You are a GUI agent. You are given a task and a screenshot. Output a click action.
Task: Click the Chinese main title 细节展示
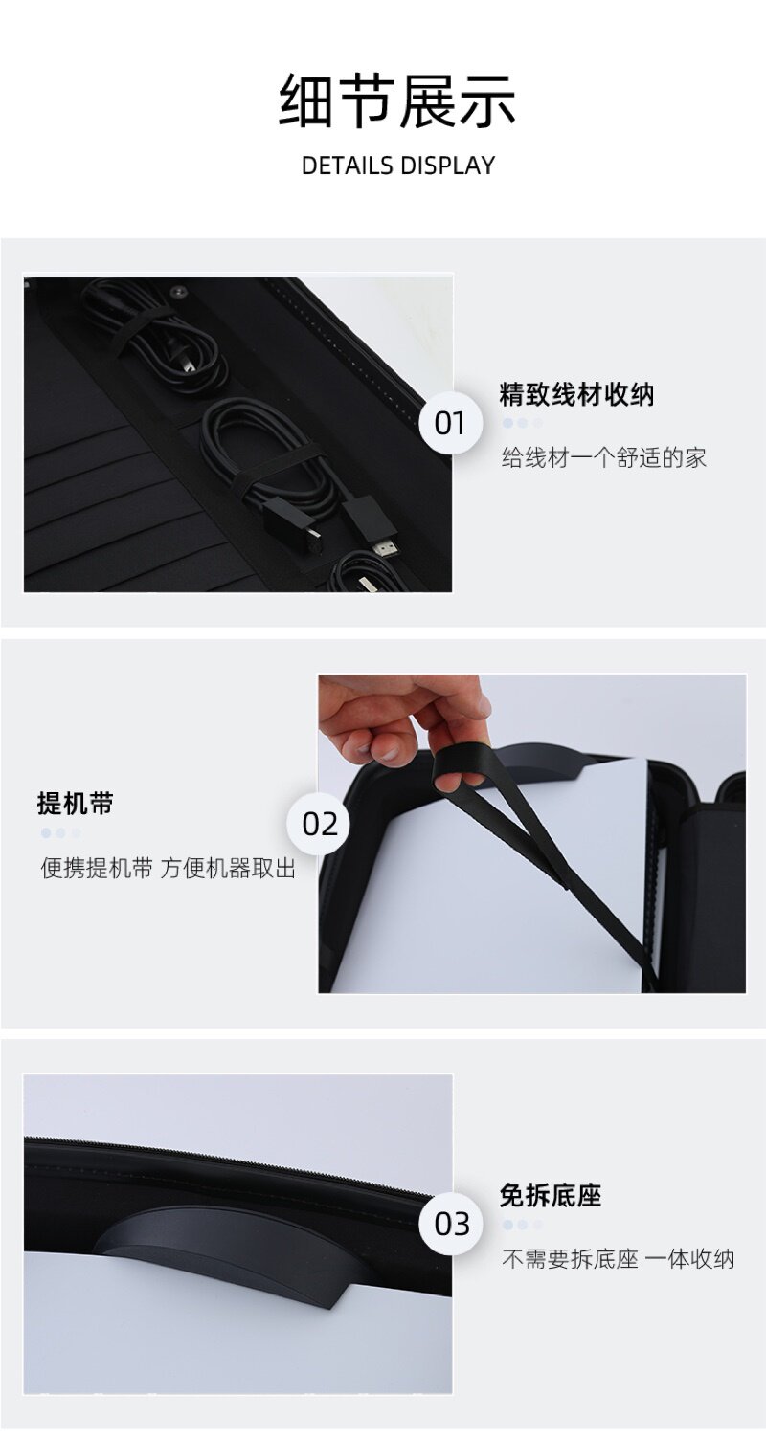click(397, 101)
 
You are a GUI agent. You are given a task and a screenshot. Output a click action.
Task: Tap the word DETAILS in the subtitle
click(347, 166)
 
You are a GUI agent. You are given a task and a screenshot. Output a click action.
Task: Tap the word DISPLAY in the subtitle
click(447, 166)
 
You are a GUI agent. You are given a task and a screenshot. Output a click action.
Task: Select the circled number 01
click(450, 423)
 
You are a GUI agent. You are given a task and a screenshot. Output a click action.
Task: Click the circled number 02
click(320, 824)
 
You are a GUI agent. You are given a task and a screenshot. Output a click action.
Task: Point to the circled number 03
click(451, 1224)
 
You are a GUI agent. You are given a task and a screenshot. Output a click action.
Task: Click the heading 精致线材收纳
click(576, 394)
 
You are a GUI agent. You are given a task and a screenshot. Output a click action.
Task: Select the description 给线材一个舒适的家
click(603, 457)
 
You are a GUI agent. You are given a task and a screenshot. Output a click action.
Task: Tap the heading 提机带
click(76, 803)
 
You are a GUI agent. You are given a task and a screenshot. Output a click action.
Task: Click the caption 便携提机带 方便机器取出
click(168, 868)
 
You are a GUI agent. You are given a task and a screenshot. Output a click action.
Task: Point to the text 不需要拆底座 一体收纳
click(618, 1259)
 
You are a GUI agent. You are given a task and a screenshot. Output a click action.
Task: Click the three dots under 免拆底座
click(523, 1225)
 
